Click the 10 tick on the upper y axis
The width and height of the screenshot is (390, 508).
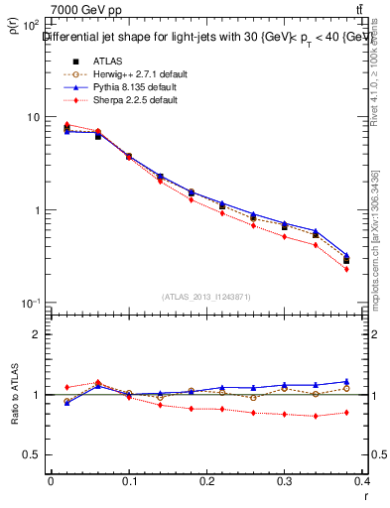(31, 117)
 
